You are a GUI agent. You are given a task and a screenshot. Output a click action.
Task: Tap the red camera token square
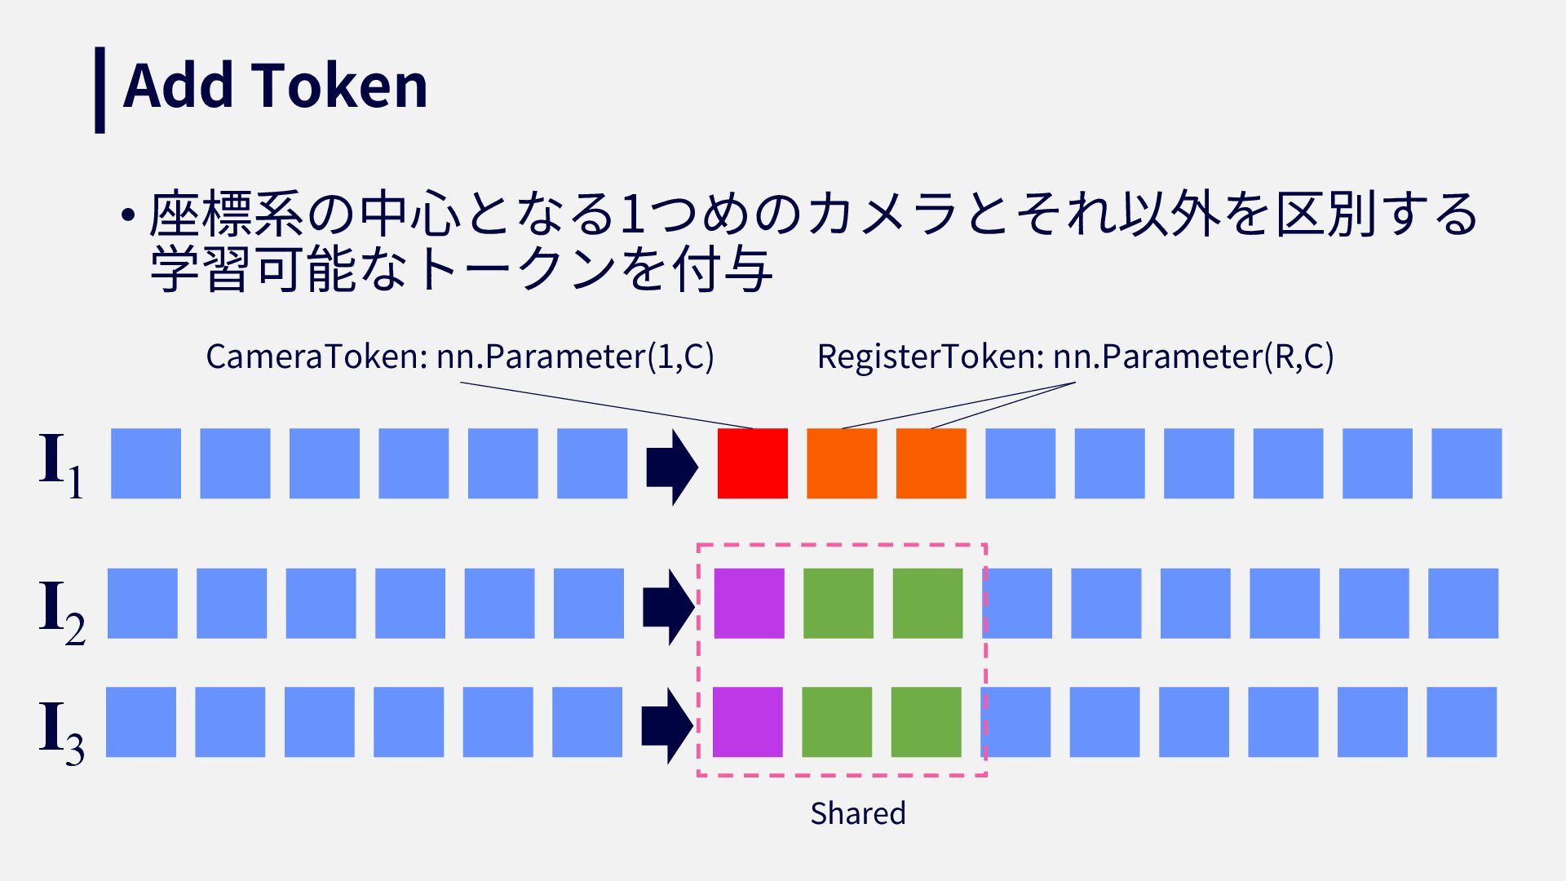(x=752, y=463)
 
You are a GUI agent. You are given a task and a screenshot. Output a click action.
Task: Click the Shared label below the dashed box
(x=857, y=813)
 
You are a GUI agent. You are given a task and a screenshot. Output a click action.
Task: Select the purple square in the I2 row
(x=749, y=604)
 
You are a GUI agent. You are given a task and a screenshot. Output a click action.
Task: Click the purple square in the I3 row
(x=747, y=722)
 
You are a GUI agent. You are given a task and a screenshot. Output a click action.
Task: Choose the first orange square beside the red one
(x=842, y=463)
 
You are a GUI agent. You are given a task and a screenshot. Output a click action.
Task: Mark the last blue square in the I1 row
(x=1466, y=463)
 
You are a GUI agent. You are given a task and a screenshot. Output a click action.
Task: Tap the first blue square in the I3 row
(x=141, y=722)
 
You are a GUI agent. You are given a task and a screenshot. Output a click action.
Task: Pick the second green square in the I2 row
(x=927, y=604)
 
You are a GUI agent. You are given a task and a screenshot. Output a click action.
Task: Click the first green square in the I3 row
(x=837, y=722)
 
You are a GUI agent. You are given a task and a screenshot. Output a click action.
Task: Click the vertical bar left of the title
(x=100, y=90)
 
